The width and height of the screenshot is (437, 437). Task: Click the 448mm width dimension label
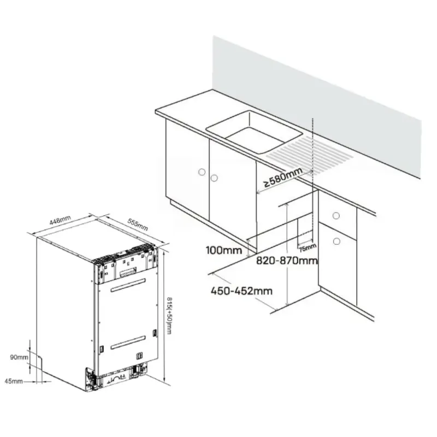[60, 220]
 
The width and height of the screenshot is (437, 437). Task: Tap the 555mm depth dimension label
[138, 225]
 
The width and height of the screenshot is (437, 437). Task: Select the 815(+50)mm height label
[169, 315]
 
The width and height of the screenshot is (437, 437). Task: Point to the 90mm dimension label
[19, 357]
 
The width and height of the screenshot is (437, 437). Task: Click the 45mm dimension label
[14, 381]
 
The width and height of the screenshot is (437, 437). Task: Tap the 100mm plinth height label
[224, 250]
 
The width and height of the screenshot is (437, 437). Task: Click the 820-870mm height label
[287, 261]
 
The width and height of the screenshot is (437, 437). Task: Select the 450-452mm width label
[241, 291]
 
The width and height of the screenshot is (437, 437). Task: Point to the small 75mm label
[308, 247]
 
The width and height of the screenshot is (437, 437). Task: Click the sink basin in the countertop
[253, 132]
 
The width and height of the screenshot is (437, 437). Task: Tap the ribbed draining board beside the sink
[309, 153]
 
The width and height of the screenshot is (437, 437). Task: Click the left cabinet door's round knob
[202, 172]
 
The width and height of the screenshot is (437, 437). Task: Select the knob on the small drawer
[336, 215]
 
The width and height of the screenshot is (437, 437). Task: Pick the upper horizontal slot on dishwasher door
[128, 285]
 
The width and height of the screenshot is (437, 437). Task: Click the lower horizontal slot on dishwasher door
[128, 342]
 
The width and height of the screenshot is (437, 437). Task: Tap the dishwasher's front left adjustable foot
[91, 380]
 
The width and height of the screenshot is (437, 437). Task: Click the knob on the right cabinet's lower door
[336, 241]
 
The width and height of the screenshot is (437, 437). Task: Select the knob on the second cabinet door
[214, 178]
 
